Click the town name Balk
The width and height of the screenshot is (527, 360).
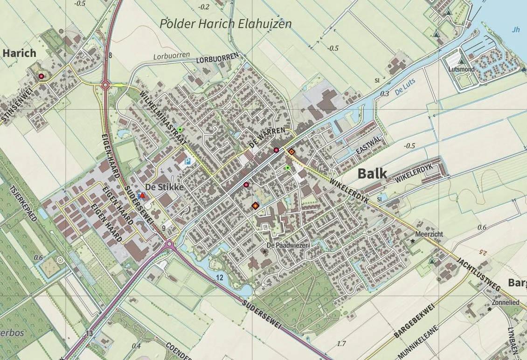click(x=372, y=173)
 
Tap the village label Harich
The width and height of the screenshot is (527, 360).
click(x=19, y=53)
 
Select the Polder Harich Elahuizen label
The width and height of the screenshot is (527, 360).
click(x=225, y=23)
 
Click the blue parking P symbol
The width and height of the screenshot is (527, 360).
click(x=187, y=161)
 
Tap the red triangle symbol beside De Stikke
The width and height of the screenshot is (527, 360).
click(x=142, y=195)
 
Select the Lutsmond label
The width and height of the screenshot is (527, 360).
click(x=461, y=69)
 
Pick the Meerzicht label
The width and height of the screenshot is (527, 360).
click(x=429, y=234)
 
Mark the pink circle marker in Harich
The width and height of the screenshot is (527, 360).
click(x=41, y=76)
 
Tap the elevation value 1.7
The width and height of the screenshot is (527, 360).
click(x=341, y=344)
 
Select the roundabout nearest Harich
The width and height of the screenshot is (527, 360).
click(x=105, y=85)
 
